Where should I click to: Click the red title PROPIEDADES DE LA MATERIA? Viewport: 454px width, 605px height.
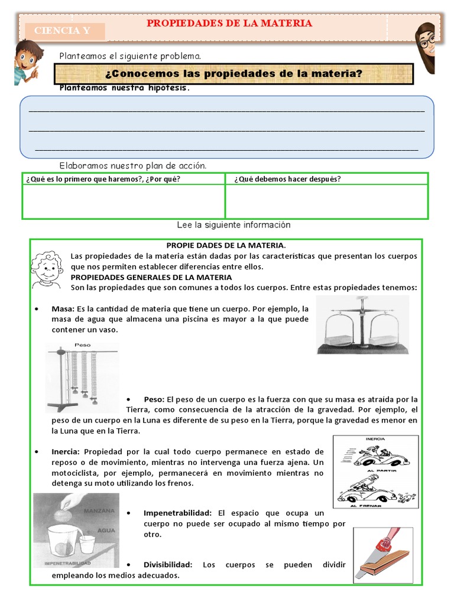[229, 24]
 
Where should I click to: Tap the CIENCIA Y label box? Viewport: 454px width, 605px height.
[63, 31]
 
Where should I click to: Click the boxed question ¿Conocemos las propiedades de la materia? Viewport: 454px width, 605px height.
[233, 74]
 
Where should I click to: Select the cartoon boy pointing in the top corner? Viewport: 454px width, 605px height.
[27, 62]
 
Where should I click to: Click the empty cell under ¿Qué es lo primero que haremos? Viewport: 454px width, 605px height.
[124, 201]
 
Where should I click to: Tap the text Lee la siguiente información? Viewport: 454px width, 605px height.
[234, 225]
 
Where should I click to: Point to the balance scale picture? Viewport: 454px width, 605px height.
[362, 325]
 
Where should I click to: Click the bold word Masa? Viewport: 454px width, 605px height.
[63, 309]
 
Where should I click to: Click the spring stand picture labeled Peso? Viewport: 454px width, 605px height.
[82, 376]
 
